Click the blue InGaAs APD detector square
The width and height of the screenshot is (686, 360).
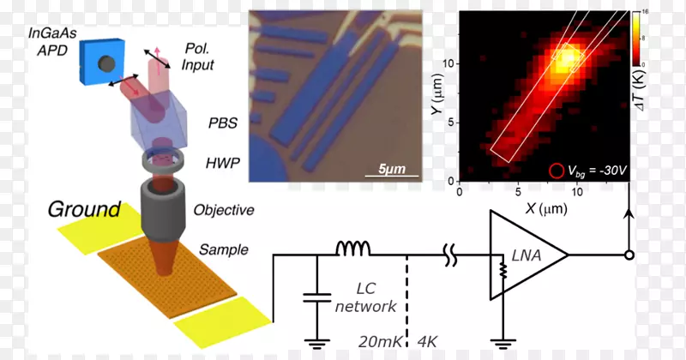pos(104,64)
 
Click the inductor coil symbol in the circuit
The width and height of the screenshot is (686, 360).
pos(352,249)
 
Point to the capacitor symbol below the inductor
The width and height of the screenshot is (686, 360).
pos(316,299)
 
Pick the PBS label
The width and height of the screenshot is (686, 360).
pos(220,123)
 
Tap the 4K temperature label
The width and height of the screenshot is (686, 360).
pos(426,340)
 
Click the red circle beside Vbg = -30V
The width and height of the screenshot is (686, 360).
pos(557,171)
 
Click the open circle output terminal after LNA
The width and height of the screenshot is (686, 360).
pos(631,255)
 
